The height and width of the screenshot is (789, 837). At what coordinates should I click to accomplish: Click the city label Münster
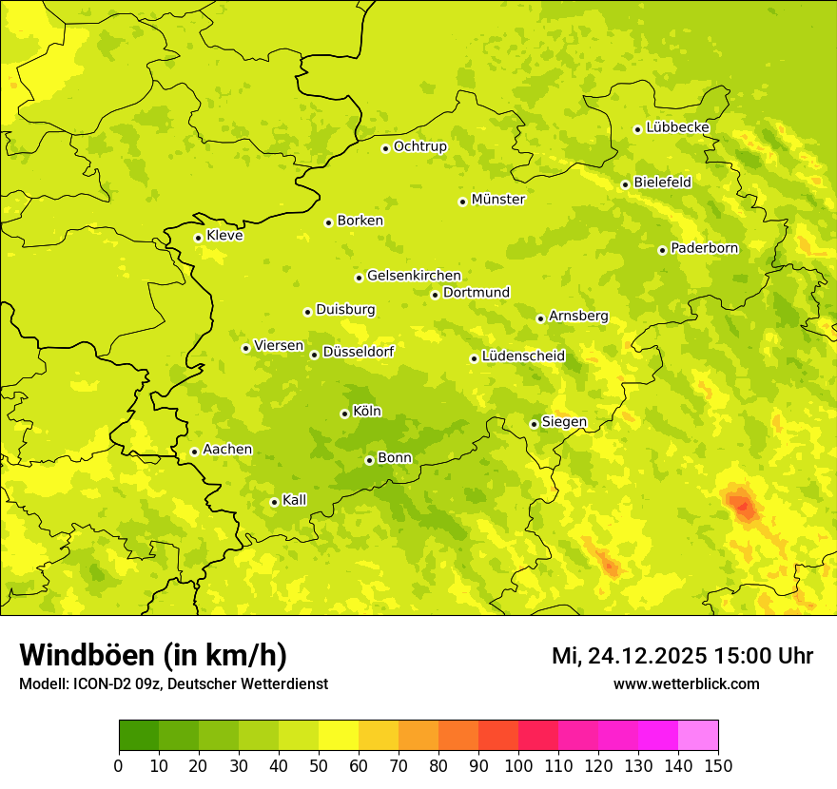[497, 200]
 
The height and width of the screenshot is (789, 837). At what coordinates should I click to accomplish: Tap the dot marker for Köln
[344, 414]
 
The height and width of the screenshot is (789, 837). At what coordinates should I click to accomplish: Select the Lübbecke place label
[677, 127]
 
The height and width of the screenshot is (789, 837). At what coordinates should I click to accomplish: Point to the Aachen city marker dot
[194, 452]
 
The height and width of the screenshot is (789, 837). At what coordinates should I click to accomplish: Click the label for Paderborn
[704, 248]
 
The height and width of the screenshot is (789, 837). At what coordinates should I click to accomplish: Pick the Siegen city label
[564, 422]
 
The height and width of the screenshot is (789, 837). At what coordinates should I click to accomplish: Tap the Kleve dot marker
[198, 238]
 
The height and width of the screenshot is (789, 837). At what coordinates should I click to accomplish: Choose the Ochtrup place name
[419, 146]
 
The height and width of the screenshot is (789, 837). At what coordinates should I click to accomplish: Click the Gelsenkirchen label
[414, 276]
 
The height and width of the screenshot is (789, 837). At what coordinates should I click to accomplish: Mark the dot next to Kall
[274, 502]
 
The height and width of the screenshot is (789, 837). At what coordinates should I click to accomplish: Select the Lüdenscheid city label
[523, 356]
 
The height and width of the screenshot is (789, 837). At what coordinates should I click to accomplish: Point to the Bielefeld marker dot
[625, 184]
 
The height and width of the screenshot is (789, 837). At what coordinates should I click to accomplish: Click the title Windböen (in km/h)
[153, 655]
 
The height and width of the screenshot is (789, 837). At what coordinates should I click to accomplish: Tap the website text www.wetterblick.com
[686, 683]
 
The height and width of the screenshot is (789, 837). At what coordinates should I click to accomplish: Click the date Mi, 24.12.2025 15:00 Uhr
[682, 656]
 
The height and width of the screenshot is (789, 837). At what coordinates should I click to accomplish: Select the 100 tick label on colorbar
[517, 766]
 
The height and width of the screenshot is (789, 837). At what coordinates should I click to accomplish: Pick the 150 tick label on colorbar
[718, 766]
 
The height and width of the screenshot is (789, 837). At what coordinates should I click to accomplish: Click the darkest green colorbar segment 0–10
[139, 736]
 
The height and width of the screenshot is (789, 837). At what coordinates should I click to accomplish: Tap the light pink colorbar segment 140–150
[698, 736]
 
